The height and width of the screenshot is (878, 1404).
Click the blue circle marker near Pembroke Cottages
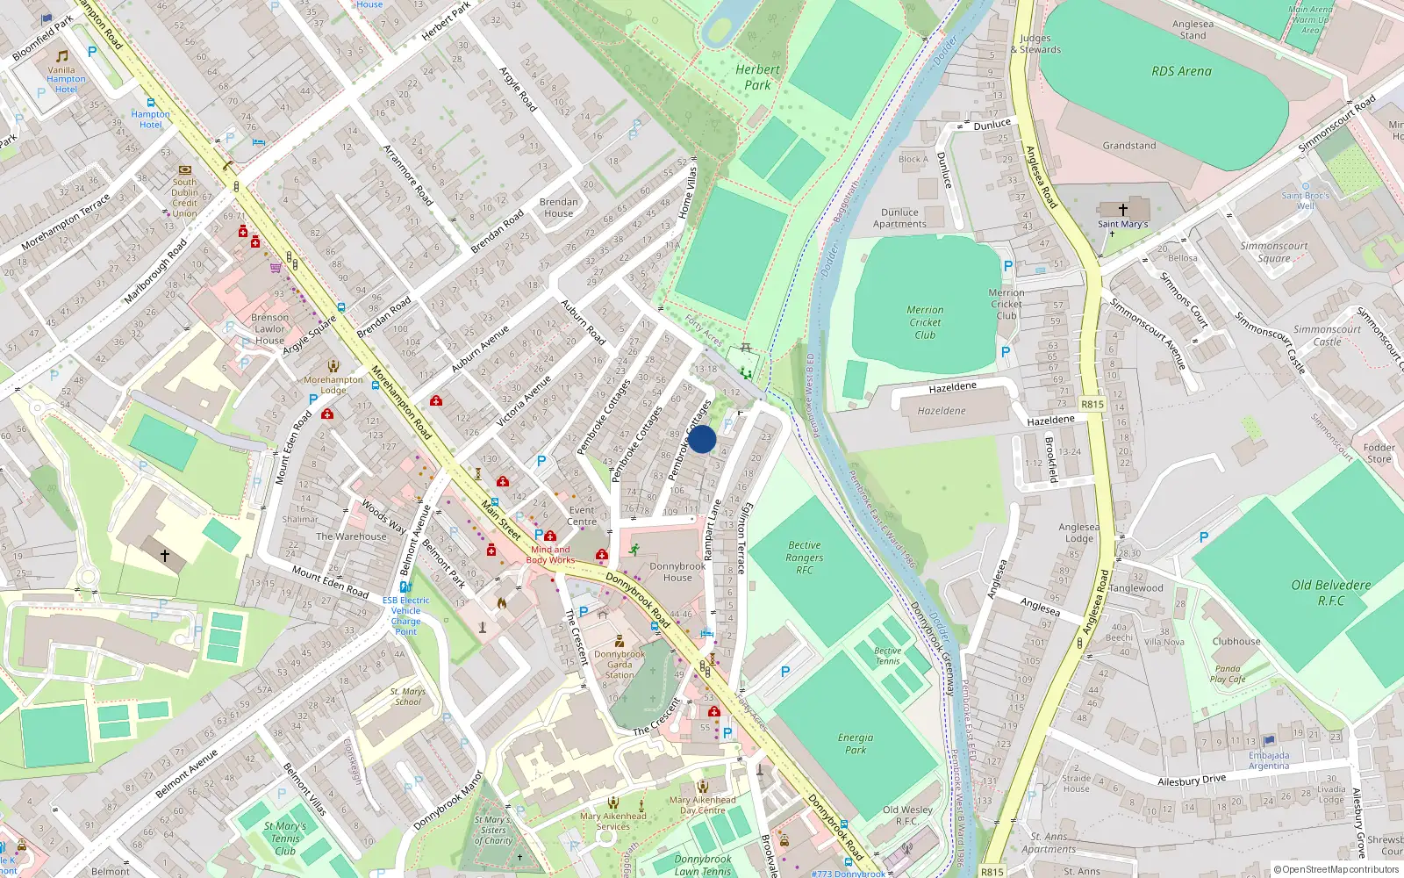702,439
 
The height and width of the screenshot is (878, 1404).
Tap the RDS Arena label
1181,71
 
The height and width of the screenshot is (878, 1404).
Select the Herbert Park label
757,77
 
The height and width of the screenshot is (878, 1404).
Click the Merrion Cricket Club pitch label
925,322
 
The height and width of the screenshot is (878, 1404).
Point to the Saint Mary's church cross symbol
1123,210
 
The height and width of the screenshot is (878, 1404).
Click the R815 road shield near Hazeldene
1092,405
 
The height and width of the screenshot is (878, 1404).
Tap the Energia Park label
856,744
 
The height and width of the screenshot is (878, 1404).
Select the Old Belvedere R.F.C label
1330,593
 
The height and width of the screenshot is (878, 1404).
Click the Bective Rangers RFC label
805,558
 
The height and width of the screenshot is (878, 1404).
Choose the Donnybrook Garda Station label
620,665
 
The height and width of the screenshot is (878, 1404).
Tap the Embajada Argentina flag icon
1269,741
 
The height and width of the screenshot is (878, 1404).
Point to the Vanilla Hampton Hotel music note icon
61,55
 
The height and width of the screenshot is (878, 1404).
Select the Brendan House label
559,207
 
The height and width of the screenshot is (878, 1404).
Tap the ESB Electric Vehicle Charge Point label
405,615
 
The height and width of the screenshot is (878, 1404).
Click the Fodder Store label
1379,453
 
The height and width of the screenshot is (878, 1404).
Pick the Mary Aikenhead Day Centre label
702,804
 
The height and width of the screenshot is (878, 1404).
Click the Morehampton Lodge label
333,385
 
